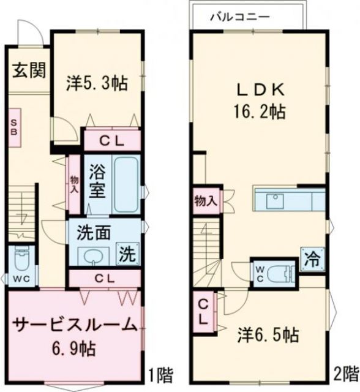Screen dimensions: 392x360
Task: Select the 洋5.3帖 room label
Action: click(97, 84)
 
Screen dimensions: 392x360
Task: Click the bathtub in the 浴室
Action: click(127, 184)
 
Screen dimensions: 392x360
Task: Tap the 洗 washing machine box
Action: click(127, 253)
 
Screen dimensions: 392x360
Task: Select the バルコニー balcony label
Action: click(239, 17)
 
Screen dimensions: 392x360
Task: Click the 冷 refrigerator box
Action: click(311, 257)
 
